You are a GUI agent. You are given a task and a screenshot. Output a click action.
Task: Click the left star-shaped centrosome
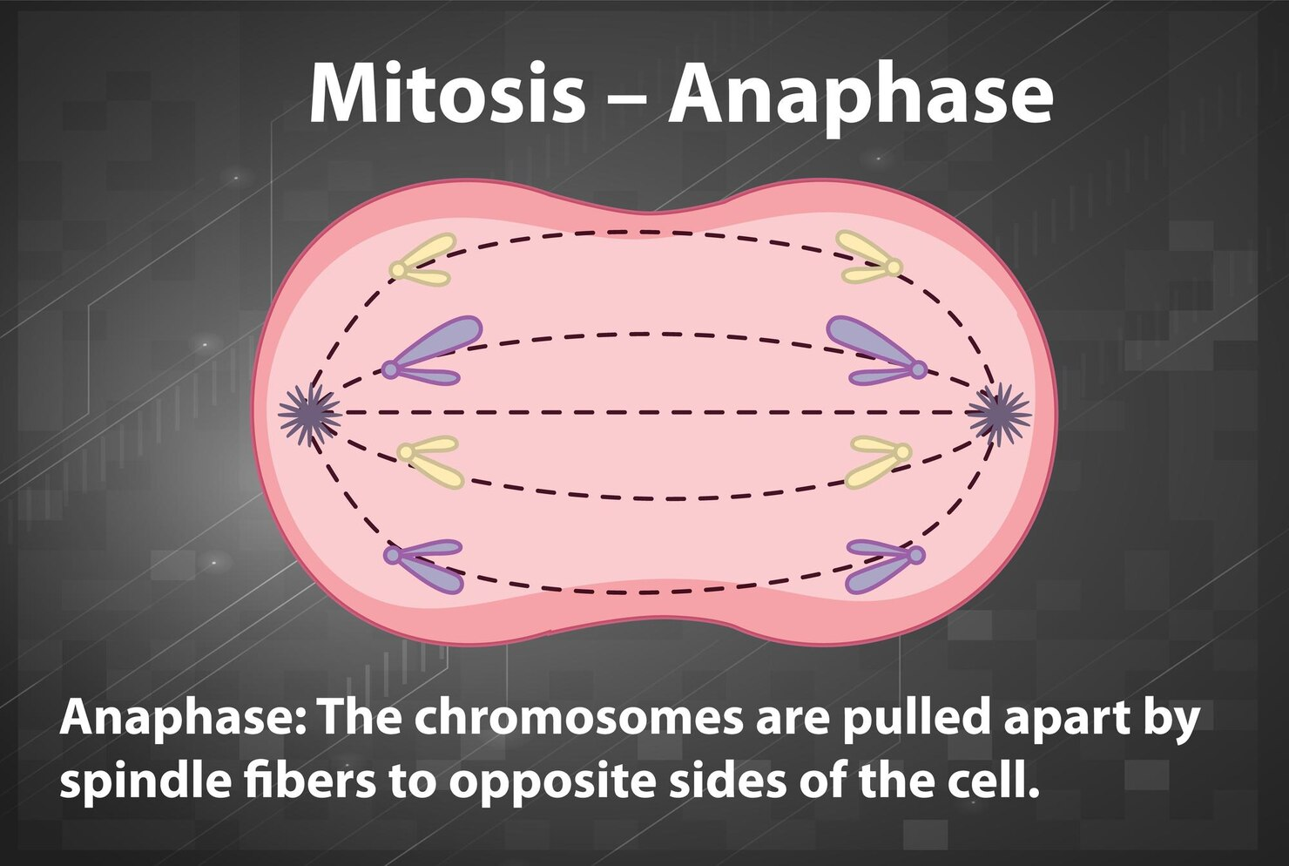(x=309, y=414)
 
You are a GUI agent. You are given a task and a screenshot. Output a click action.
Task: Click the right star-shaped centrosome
(x=1000, y=413)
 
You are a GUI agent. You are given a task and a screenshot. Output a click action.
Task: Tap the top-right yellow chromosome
(x=867, y=259)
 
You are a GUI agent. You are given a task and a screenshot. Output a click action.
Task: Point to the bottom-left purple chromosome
(x=426, y=565)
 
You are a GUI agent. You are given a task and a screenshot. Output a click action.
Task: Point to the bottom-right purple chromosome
(x=883, y=565)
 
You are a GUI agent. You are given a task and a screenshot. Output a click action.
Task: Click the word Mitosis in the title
(x=447, y=94)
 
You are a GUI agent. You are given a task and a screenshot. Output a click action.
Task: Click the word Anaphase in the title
(x=860, y=94)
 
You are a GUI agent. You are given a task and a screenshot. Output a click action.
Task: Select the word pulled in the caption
(x=915, y=719)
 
